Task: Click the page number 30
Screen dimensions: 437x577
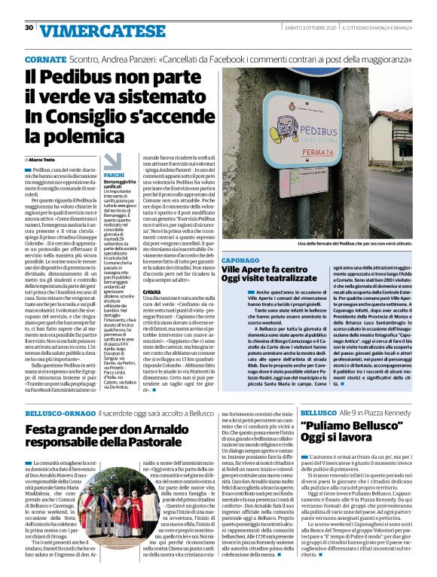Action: [x=29, y=28]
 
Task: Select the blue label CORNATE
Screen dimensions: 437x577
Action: [x=45, y=59]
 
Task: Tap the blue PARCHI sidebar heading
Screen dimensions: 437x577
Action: [x=114, y=174]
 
